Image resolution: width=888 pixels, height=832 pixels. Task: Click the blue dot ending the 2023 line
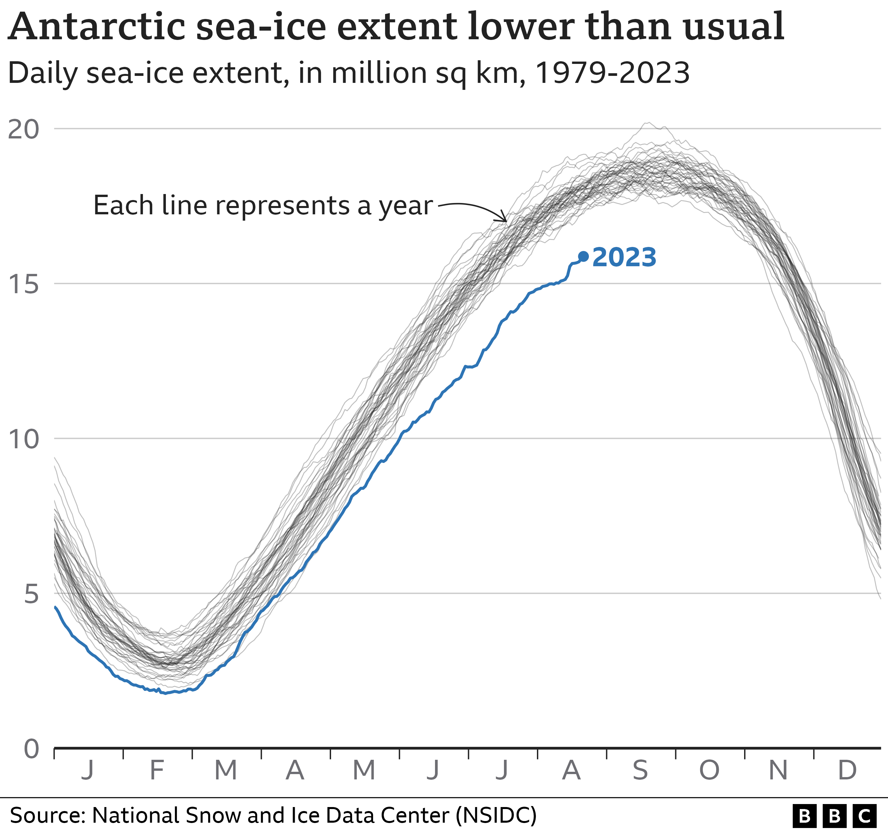click(583, 256)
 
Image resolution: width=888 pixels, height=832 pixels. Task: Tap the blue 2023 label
click(624, 258)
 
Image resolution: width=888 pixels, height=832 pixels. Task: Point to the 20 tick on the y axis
click(24, 129)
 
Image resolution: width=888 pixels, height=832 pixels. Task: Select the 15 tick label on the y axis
click(24, 284)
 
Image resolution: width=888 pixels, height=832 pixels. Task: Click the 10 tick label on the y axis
click(24, 439)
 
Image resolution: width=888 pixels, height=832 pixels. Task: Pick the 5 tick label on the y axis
click(31, 594)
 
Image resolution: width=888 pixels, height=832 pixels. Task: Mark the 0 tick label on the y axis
click(31, 749)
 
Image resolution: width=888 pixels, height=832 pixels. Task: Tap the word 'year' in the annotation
click(406, 206)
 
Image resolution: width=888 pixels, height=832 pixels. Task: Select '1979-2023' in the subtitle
click(612, 73)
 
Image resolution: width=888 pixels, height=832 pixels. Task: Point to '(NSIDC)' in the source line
click(496, 815)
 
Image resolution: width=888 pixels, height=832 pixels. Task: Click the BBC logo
click(834, 816)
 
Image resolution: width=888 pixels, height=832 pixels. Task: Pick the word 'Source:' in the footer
click(48, 815)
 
